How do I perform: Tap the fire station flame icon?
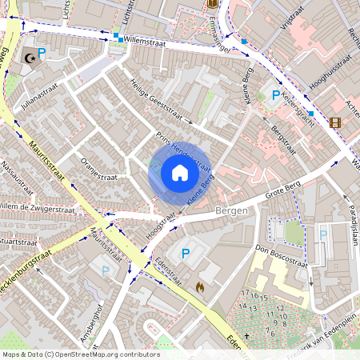pyautogui.click(x=200, y=285)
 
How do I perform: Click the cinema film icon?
pyautogui.click(x=334, y=122)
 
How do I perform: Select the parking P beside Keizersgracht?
pyautogui.click(x=276, y=95)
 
